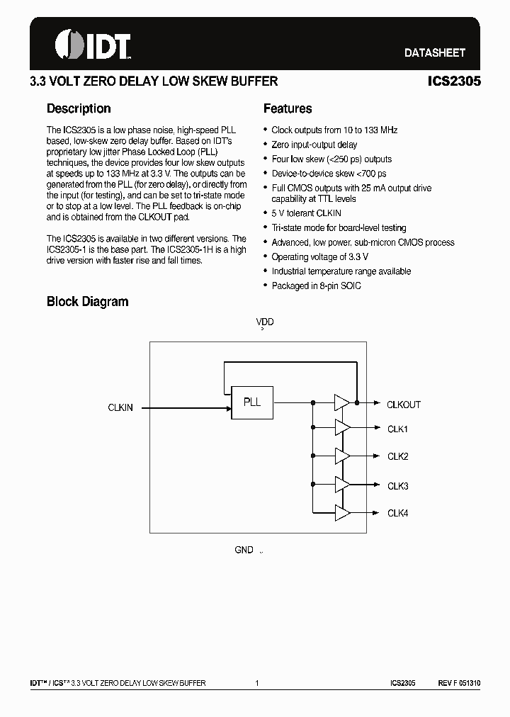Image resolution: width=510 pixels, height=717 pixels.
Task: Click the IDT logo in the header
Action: [x=93, y=44]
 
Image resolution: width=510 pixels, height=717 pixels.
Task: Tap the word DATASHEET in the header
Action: [x=434, y=52]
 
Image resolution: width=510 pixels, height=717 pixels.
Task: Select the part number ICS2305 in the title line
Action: [x=454, y=81]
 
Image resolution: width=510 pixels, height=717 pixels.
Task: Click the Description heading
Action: [x=79, y=108]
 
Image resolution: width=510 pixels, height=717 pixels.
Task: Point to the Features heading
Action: [x=288, y=108]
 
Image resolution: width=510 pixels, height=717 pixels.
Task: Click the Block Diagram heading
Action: [x=87, y=301]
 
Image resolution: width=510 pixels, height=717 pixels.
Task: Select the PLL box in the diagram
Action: [x=252, y=402]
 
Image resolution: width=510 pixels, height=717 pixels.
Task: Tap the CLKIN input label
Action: [x=120, y=407]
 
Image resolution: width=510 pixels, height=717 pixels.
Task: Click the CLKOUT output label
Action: [x=403, y=405]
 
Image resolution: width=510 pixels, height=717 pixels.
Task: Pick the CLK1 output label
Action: [x=397, y=429]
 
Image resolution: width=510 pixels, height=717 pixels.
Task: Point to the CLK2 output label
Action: [x=397, y=456]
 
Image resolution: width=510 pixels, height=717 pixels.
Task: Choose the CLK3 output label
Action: [x=397, y=486]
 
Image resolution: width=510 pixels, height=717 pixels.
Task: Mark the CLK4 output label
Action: [x=397, y=513]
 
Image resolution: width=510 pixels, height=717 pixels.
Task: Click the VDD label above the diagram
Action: [x=265, y=322]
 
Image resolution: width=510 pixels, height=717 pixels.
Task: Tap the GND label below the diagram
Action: [x=244, y=550]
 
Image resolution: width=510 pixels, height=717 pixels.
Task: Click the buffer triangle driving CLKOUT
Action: [x=341, y=402]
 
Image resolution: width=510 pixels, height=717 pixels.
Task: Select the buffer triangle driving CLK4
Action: [x=341, y=512]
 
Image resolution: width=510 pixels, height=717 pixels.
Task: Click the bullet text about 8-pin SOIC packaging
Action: [x=316, y=286]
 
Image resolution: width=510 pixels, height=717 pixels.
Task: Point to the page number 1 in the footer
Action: [x=257, y=683]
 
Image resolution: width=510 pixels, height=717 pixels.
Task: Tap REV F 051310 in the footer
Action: [x=459, y=683]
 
